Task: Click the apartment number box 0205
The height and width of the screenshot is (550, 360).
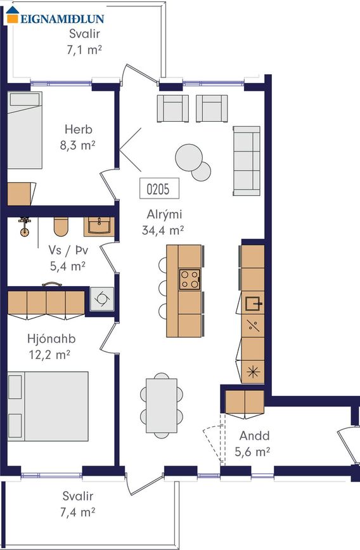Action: (x=160, y=188)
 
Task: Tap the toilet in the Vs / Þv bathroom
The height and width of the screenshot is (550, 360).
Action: (x=61, y=226)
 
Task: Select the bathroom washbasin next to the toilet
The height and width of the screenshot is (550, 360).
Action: (x=99, y=226)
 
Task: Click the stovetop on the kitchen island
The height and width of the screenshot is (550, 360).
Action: (x=190, y=279)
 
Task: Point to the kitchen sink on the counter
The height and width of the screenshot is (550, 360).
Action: (x=253, y=303)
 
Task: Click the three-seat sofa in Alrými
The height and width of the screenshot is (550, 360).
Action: (x=247, y=161)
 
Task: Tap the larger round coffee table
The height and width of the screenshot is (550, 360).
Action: (x=189, y=157)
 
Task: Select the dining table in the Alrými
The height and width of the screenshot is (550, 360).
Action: (x=162, y=405)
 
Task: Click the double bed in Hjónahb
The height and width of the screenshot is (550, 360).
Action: (x=48, y=406)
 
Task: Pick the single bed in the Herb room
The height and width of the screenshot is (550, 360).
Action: (x=25, y=130)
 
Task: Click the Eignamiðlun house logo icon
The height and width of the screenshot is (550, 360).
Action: (x=13, y=15)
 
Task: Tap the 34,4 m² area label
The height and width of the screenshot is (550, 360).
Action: (x=163, y=230)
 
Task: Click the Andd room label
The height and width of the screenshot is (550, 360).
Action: (x=255, y=436)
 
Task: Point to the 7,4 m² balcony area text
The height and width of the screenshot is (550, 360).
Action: (x=78, y=512)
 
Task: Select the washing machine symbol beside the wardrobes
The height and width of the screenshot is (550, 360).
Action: (x=102, y=299)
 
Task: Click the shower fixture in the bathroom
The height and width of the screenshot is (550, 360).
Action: (x=24, y=226)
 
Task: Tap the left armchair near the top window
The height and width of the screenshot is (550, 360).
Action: (x=173, y=108)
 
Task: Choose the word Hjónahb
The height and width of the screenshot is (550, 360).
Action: (x=51, y=339)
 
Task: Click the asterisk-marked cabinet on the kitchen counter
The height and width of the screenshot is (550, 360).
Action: (x=253, y=372)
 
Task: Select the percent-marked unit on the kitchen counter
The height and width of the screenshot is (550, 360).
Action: (x=253, y=326)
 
